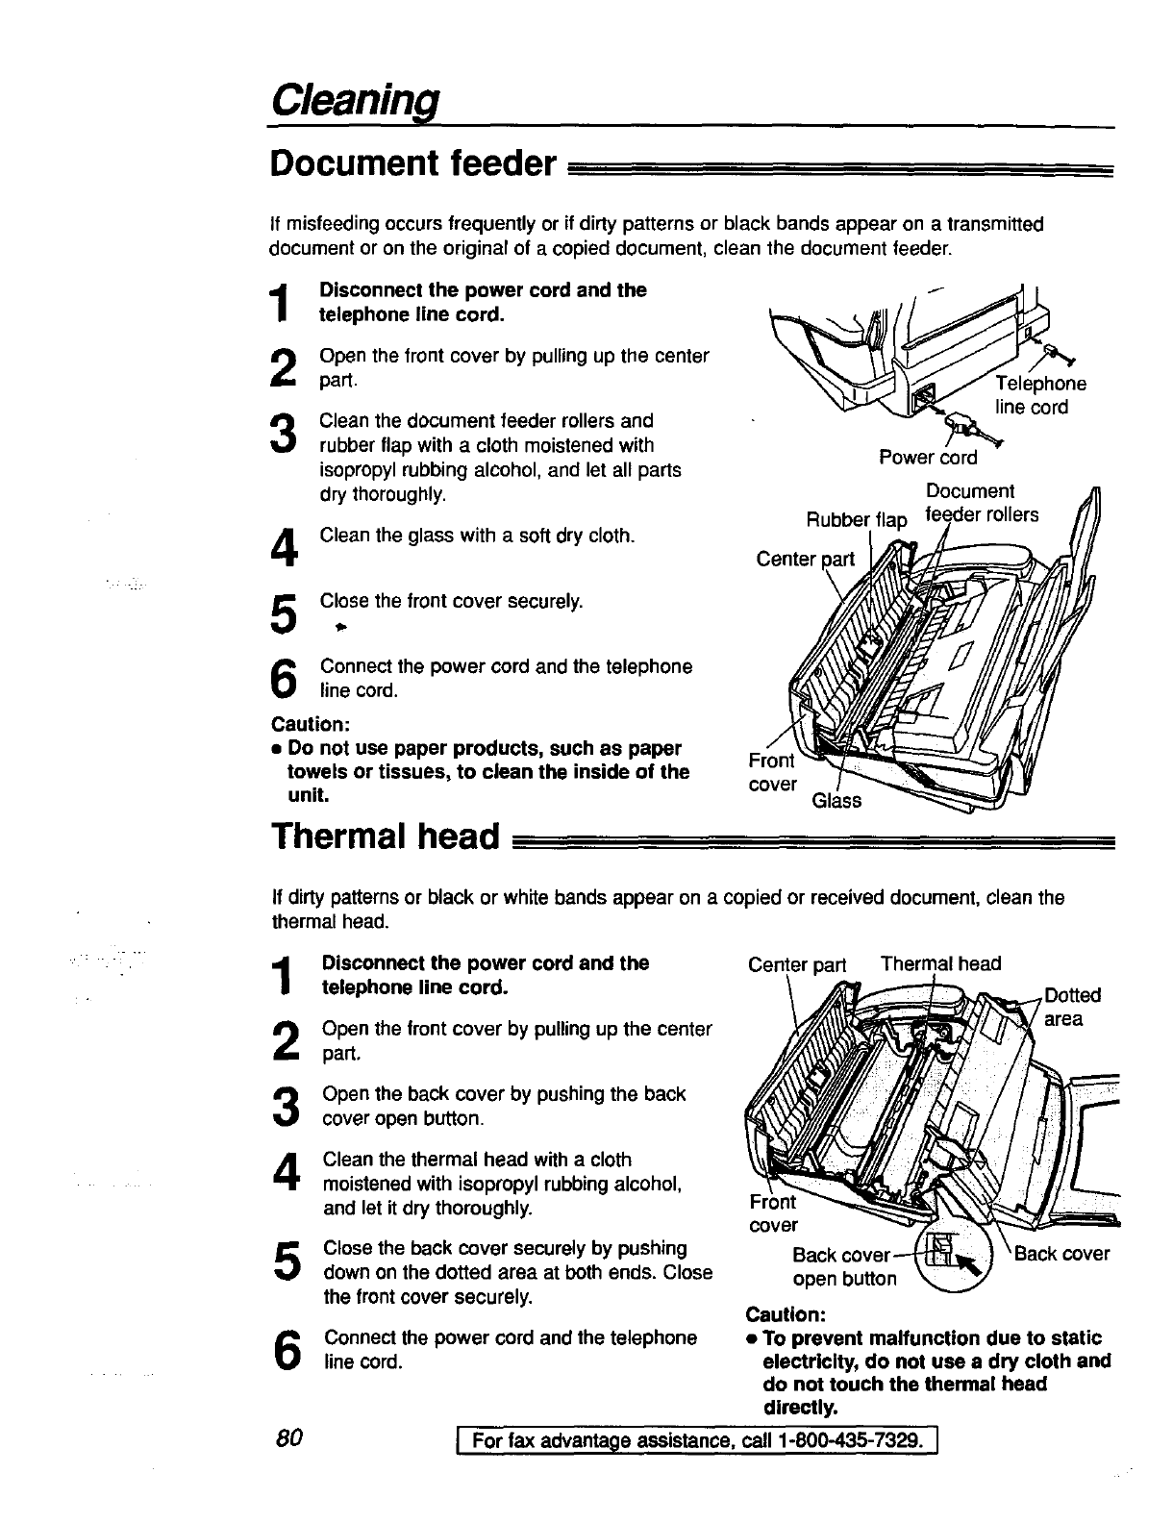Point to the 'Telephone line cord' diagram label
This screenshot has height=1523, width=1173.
tap(1030, 395)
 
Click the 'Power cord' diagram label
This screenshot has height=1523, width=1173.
tap(927, 458)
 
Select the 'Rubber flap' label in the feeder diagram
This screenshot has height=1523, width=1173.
tap(856, 520)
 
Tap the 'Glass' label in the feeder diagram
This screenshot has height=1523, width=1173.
tap(836, 800)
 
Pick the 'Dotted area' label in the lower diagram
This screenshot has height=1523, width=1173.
tap(1071, 1007)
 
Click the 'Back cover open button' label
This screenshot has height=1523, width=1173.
tap(843, 1267)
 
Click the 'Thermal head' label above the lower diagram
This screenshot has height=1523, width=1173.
tap(940, 963)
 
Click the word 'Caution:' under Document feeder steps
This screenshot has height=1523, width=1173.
tap(306, 723)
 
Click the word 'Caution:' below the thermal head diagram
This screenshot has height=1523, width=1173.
tap(786, 1313)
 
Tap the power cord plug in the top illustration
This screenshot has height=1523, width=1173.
tap(961, 424)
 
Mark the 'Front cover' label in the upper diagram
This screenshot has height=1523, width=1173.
tap(772, 773)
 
